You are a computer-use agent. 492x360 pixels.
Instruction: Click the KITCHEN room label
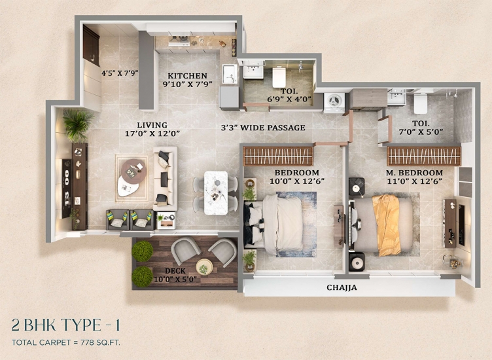point(187,76)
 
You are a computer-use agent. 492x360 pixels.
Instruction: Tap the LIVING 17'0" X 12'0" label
point(152,130)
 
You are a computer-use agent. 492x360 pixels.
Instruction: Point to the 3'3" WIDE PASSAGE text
point(263,128)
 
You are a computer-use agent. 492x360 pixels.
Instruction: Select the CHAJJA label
point(342,287)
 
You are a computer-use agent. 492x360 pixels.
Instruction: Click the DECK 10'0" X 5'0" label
point(175,275)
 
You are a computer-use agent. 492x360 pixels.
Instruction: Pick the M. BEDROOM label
point(414,173)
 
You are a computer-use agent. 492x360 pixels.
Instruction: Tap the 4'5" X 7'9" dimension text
point(120,73)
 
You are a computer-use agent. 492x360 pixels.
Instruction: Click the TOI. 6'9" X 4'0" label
point(289,96)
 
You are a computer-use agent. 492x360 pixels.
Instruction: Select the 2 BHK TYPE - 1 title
point(65,325)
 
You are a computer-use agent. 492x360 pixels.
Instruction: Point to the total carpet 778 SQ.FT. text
point(66,342)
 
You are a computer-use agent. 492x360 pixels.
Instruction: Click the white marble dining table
point(216,192)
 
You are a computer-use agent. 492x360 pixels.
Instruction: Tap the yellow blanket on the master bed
point(387,225)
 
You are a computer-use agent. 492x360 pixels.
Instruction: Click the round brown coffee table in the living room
point(133,171)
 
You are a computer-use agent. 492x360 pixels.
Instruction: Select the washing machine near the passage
point(334,102)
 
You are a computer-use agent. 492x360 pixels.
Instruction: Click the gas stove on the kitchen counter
point(179,41)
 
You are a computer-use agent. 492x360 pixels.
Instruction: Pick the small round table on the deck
point(204,267)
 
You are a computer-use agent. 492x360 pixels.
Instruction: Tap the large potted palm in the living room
point(77,124)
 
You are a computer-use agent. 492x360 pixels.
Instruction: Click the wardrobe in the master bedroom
point(424,156)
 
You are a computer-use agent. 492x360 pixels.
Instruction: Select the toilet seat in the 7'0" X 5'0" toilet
point(420,103)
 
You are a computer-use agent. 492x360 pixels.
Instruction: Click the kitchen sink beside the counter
point(230,74)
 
